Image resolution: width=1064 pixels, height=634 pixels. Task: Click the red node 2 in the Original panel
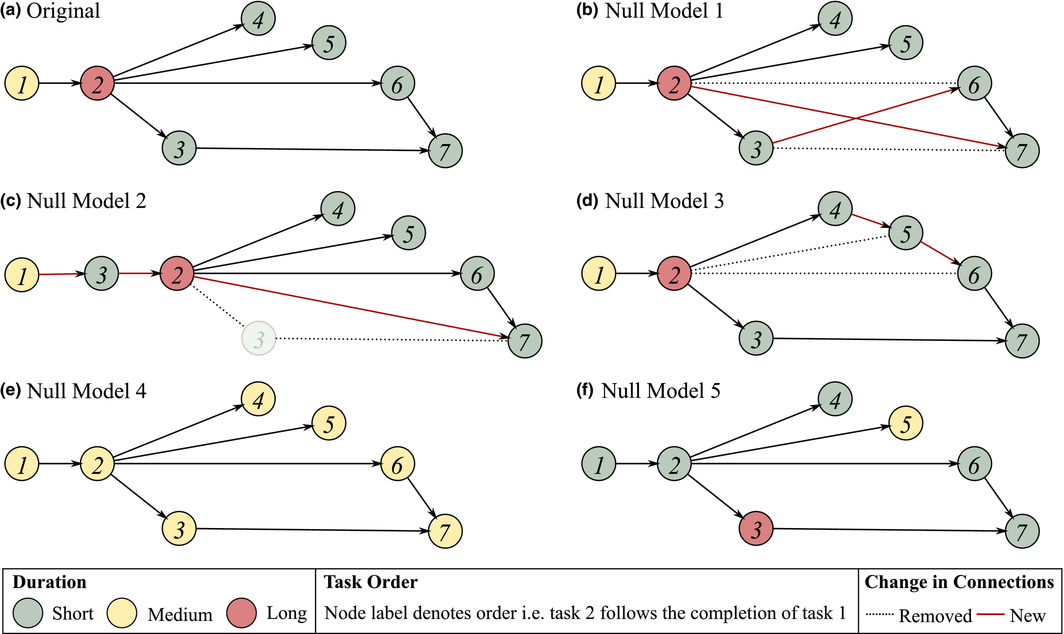pos(97,83)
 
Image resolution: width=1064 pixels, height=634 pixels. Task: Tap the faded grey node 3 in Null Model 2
pos(259,338)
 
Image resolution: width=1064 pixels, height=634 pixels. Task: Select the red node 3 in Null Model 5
pos(756,529)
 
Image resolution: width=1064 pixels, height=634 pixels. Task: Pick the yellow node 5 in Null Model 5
pos(906,423)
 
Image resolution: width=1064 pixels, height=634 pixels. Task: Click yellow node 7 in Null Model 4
pos(445,531)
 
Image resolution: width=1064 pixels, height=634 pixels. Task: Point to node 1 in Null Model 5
pos(599,464)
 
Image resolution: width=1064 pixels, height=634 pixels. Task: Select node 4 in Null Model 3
pos(835,208)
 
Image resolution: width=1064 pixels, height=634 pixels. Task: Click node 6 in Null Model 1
pos(974,83)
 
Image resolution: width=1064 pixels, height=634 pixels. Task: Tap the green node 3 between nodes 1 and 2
pos(101,274)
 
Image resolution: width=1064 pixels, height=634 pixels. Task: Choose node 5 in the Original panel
pos(329,42)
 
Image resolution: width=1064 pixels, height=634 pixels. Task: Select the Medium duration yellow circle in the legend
pos(122,613)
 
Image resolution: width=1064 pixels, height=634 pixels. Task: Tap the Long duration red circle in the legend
pos(241,613)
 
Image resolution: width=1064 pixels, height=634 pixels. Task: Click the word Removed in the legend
pos(935,615)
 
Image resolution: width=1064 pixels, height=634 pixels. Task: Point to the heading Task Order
pos(370,582)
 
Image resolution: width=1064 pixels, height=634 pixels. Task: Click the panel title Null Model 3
pos(664,201)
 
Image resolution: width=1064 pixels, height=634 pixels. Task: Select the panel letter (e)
pos(11,391)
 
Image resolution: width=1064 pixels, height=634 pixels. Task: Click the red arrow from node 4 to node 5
pos(870,221)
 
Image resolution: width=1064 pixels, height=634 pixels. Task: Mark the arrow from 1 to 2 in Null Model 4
pos(59,464)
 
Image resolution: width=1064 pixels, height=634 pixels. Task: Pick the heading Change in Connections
pos(959,582)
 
